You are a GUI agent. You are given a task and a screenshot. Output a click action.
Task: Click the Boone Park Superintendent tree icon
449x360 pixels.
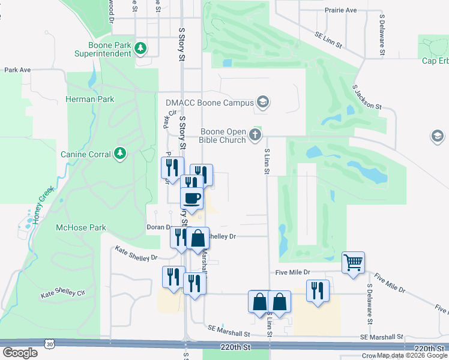[x=141, y=47]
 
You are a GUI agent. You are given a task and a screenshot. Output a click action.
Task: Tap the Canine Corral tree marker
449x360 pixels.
[x=121, y=154]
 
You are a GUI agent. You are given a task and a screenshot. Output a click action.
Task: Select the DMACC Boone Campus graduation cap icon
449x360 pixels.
[x=262, y=103]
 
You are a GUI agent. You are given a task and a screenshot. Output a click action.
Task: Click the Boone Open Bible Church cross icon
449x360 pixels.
[x=256, y=134]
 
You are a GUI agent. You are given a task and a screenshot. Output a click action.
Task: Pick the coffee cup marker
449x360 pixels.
[x=191, y=198]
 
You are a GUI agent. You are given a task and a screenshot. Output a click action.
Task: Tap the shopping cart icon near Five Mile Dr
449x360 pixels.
[x=353, y=262]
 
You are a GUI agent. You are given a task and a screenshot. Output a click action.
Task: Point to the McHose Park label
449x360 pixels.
[x=80, y=227]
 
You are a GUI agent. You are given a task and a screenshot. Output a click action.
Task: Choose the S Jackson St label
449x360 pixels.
[x=367, y=97]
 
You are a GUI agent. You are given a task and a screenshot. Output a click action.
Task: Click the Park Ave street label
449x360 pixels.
[x=17, y=70]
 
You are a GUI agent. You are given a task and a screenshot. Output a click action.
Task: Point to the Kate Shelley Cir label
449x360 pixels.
[x=63, y=293]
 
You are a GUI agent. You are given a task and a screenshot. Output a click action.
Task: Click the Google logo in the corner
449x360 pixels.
[x=20, y=352]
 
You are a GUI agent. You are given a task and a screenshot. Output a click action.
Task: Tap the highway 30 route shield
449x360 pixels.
[x=49, y=343]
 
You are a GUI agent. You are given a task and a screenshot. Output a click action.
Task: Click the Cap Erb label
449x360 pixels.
[x=435, y=61]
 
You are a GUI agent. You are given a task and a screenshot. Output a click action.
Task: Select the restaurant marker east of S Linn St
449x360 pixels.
[x=318, y=290]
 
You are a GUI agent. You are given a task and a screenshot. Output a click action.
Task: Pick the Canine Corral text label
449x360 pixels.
[x=86, y=154]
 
